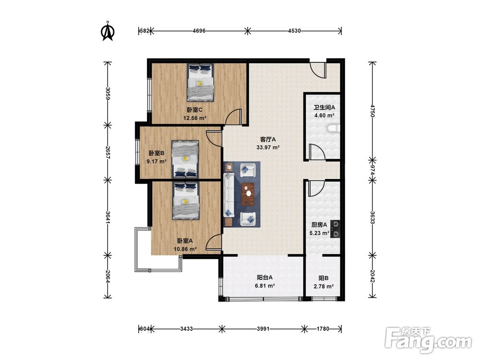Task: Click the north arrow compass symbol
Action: pos(108,31)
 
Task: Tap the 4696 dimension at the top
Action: pos(199,31)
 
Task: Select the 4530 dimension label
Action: pos(295,31)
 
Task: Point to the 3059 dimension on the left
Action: pos(107,94)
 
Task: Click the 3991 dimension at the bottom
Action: pos(263,329)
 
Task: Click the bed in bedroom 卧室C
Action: pos(201,83)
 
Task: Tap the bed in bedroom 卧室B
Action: pos(185,159)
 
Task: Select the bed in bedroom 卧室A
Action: pos(186,201)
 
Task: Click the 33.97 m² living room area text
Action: pos(268,147)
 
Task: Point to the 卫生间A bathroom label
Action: pos(324,108)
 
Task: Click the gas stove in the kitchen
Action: pos(336,229)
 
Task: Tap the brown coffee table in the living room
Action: pos(248,194)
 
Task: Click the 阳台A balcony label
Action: pos(265,277)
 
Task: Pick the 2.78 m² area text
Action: pos(324,287)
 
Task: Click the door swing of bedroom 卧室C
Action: pos(234,116)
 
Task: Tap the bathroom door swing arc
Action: pos(316,152)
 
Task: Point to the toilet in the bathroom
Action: pos(334,128)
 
